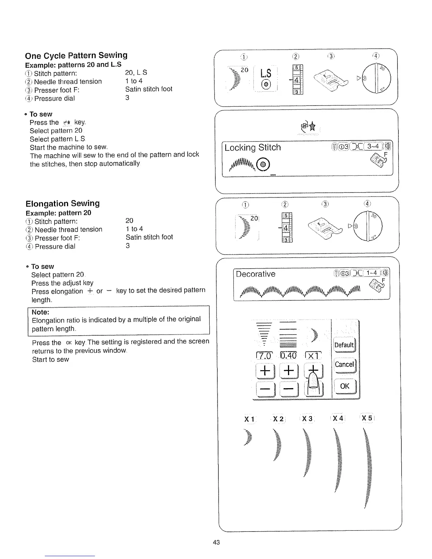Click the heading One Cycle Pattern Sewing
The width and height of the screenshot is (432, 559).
pyautogui.click(x=76, y=55)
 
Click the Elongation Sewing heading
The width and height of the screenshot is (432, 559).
pyautogui.click(x=62, y=203)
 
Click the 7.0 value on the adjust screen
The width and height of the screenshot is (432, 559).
pyautogui.click(x=265, y=356)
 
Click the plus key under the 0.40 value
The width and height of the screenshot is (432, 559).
pyautogui.click(x=289, y=371)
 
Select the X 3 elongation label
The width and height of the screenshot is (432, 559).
pyautogui.click(x=307, y=419)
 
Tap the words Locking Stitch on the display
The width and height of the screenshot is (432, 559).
pyautogui.click(x=253, y=148)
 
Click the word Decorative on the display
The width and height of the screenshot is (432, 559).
pyautogui.click(x=256, y=274)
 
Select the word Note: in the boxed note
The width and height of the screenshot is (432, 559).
pyautogui.click(x=40, y=312)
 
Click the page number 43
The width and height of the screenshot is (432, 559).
pyautogui.click(x=216, y=542)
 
